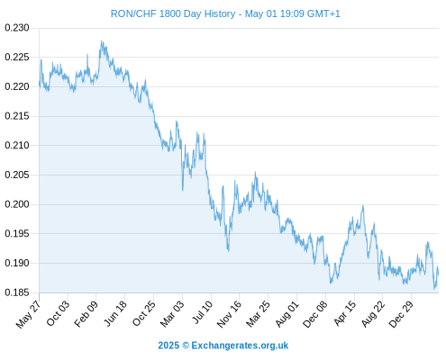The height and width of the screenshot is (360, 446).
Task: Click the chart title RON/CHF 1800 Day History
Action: point(173,13)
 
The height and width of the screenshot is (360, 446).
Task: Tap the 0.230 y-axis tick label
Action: point(17,28)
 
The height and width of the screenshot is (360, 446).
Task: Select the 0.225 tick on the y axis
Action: point(17,57)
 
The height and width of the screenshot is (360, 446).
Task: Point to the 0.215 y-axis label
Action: point(17,116)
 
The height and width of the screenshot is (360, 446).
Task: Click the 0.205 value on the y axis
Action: point(17,175)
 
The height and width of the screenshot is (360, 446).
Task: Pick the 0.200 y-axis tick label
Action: point(17,204)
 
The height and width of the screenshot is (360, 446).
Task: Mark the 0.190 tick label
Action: point(17,263)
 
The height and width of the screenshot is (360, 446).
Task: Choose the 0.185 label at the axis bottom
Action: point(17,292)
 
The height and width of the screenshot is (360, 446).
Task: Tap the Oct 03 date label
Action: point(58,313)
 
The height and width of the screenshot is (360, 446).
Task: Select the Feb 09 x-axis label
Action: point(86,313)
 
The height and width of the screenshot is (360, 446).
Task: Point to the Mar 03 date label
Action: point(172,314)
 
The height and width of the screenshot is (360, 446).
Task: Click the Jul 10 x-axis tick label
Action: point(203,312)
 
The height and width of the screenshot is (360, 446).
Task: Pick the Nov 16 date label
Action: point(229,314)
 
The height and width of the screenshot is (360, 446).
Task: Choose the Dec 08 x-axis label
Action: point(315,314)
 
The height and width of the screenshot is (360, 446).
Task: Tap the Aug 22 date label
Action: point(373,313)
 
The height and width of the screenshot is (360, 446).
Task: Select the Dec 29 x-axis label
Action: point(401,314)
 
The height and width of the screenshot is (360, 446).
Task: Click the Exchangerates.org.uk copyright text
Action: point(240,346)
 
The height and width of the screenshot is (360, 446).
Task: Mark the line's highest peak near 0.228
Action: point(102,41)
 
